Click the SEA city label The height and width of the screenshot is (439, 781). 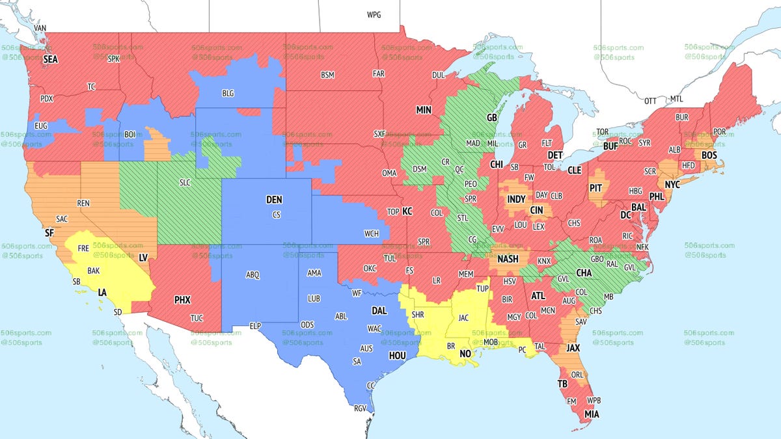pyautogui.click(x=50, y=59)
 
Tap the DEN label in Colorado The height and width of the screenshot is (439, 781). pyautogui.click(x=275, y=200)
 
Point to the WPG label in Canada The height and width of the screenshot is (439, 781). pyautogui.click(x=374, y=14)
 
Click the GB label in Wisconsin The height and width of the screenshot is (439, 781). pyautogui.click(x=492, y=118)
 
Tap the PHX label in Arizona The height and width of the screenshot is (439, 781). pyautogui.click(x=182, y=300)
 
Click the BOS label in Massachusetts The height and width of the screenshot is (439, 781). pyautogui.click(x=709, y=155)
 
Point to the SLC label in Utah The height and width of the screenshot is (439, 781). pyautogui.click(x=185, y=183)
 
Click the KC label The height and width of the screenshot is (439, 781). pyautogui.click(x=407, y=211)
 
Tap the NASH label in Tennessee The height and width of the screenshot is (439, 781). pyautogui.click(x=508, y=259)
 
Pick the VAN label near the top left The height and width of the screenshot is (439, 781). pyautogui.click(x=40, y=29)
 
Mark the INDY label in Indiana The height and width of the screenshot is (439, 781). pyautogui.click(x=516, y=199)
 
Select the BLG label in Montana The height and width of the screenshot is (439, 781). pyautogui.click(x=228, y=94)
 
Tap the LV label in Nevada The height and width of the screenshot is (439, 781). pyautogui.click(x=143, y=258)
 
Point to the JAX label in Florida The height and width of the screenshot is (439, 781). pyautogui.click(x=573, y=348)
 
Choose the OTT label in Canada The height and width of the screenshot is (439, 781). pyautogui.click(x=650, y=101)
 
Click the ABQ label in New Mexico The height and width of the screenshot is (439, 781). pyautogui.click(x=253, y=275)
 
